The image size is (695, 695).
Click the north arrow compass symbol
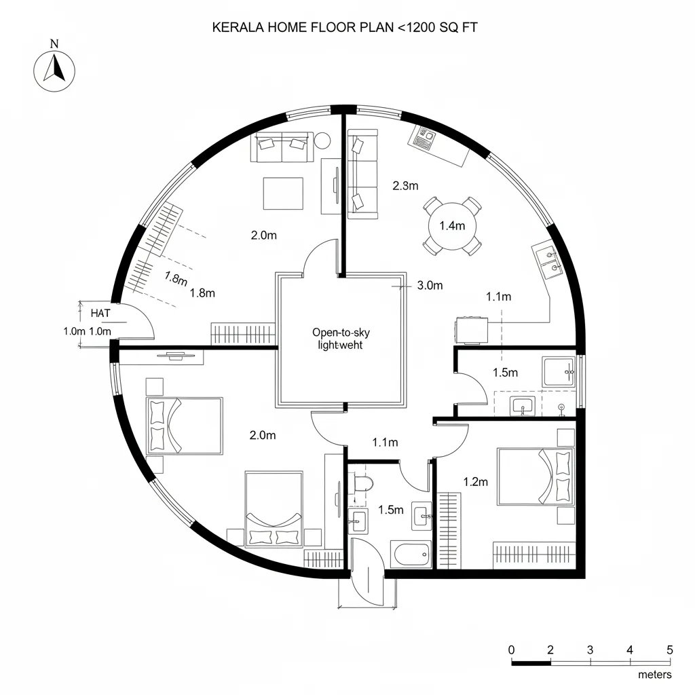coord(54,70)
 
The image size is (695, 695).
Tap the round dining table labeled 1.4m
coord(452,226)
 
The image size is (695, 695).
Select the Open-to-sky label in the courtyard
coord(341,332)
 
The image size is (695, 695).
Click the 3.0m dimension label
coord(429,286)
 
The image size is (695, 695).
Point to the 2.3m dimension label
coord(405,185)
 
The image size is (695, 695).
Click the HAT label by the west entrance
coord(100,313)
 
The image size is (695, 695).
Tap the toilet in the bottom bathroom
coord(362,483)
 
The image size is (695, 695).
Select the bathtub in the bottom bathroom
coord(411,555)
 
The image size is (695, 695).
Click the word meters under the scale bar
coord(655,675)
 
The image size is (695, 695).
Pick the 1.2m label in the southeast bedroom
coord(475,482)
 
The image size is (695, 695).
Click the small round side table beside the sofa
coord(322,140)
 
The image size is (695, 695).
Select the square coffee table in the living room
coord(283,193)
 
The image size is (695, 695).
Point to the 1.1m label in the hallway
coord(385,443)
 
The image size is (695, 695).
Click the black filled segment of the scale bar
coord(531,662)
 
